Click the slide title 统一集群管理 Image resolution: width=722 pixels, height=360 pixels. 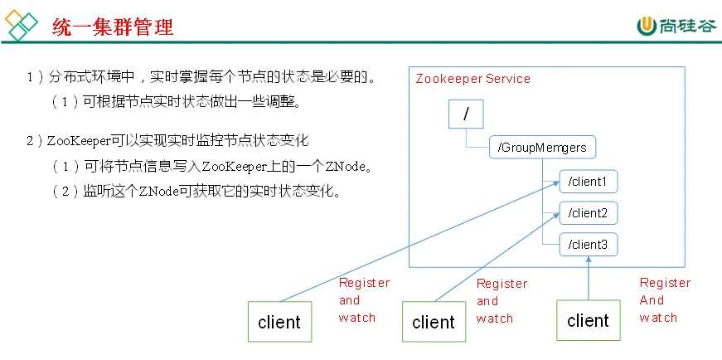[x=112, y=27]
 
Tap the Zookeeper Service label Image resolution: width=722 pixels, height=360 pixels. [x=472, y=79]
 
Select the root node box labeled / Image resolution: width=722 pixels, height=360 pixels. [x=466, y=114]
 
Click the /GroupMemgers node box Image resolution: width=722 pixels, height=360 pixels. [x=542, y=148]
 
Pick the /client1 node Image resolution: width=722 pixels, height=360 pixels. [x=588, y=181]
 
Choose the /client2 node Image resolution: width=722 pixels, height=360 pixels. [x=588, y=213]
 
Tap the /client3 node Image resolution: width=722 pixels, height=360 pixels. [x=588, y=245]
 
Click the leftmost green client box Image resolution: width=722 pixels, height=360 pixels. [x=279, y=321]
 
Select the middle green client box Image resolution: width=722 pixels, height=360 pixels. [x=434, y=322]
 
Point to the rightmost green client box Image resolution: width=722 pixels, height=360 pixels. [x=588, y=320]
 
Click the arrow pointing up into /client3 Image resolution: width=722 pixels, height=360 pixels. [x=589, y=278]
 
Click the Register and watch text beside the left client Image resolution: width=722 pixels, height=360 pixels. [x=363, y=299]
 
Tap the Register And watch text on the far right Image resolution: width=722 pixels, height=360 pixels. [x=664, y=299]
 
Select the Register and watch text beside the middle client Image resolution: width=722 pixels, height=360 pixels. [x=502, y=300]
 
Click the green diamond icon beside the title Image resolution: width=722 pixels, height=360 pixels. [x=22, y=27]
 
